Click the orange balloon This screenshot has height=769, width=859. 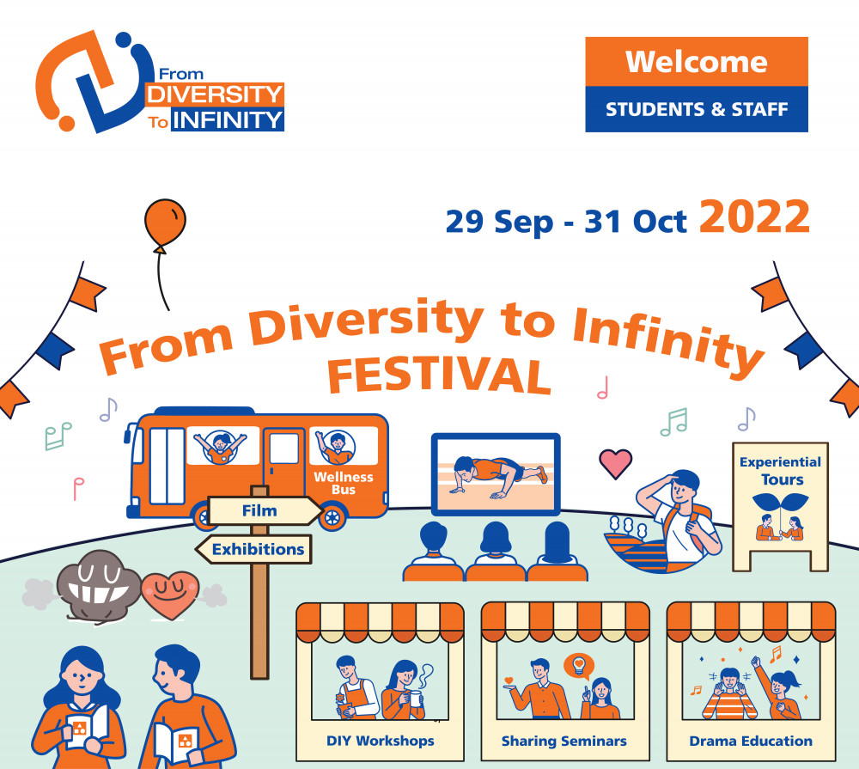[165, 223]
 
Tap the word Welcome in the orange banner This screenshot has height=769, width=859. [697, 61]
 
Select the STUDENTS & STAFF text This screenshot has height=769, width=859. [697, 110]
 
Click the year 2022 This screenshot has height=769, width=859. [754, 217]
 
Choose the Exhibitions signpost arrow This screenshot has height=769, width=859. [253, 549]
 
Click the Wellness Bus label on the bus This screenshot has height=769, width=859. [344, 483]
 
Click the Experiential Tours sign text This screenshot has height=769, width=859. [780, 471]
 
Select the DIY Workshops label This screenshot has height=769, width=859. [381, 741]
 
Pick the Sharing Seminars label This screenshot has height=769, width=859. [564, 741]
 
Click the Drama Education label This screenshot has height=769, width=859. [751, 741]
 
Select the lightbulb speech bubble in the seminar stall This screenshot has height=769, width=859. [579, 667]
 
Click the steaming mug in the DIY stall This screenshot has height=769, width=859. [416, 699]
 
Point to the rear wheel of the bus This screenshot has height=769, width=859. [332, 517]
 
